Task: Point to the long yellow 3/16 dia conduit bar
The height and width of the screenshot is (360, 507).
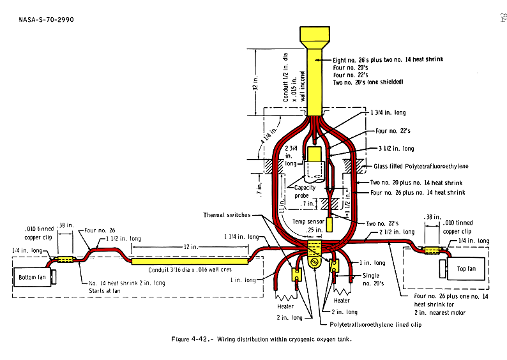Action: [x=189, y=261]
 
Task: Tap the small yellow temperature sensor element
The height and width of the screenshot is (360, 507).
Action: [x=330, y=224]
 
